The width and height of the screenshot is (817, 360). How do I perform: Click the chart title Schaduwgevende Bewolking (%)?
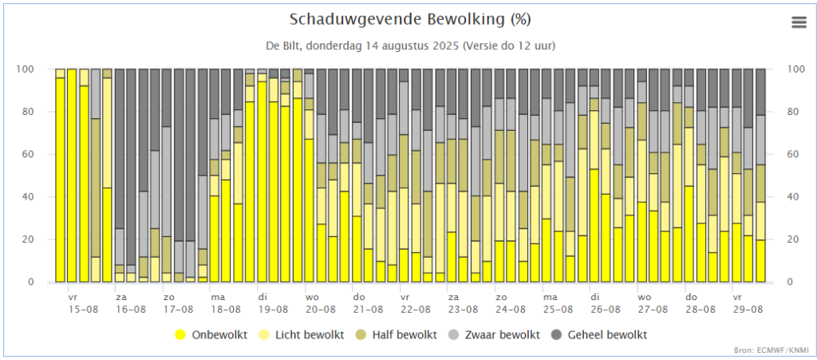[410, 19]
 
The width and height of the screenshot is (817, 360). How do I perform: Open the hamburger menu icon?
[799, 22]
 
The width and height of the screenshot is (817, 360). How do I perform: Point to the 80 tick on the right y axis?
[794, 112]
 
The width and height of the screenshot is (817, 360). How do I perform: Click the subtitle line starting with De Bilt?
[410, 45]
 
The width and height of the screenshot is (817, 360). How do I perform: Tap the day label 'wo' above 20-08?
[310, 296]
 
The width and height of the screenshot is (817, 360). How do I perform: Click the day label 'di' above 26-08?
[595, 296]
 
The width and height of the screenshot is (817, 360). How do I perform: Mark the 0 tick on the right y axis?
[791, 282]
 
